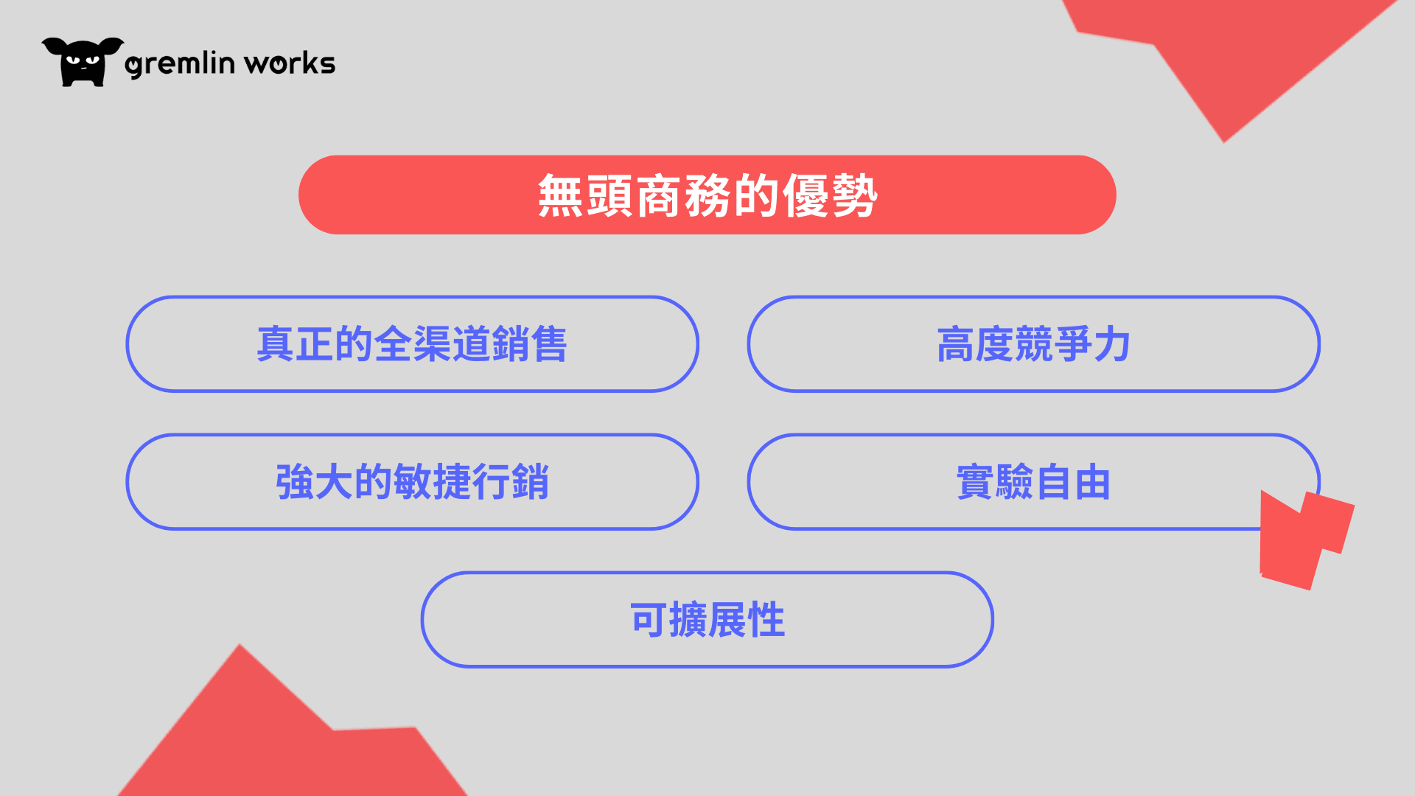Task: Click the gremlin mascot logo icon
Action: click(x=83, y=62)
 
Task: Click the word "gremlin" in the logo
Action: click(x=180, y=63)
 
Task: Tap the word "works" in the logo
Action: click(x=290, y=63)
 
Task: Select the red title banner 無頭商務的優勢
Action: click(x=707, y=195)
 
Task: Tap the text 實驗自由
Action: click(x=1033, y=482)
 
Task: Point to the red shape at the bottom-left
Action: click(x=287, y=730)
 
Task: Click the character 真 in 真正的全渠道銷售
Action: click(x=276, y=344)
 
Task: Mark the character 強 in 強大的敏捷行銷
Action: click(x=295, y=482)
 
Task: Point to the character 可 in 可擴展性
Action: click(x=649, y=620)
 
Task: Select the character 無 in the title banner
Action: click(x=561, y=195)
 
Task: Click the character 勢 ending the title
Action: click(x=854, y=195)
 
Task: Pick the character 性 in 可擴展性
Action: click(x=766, y=620)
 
